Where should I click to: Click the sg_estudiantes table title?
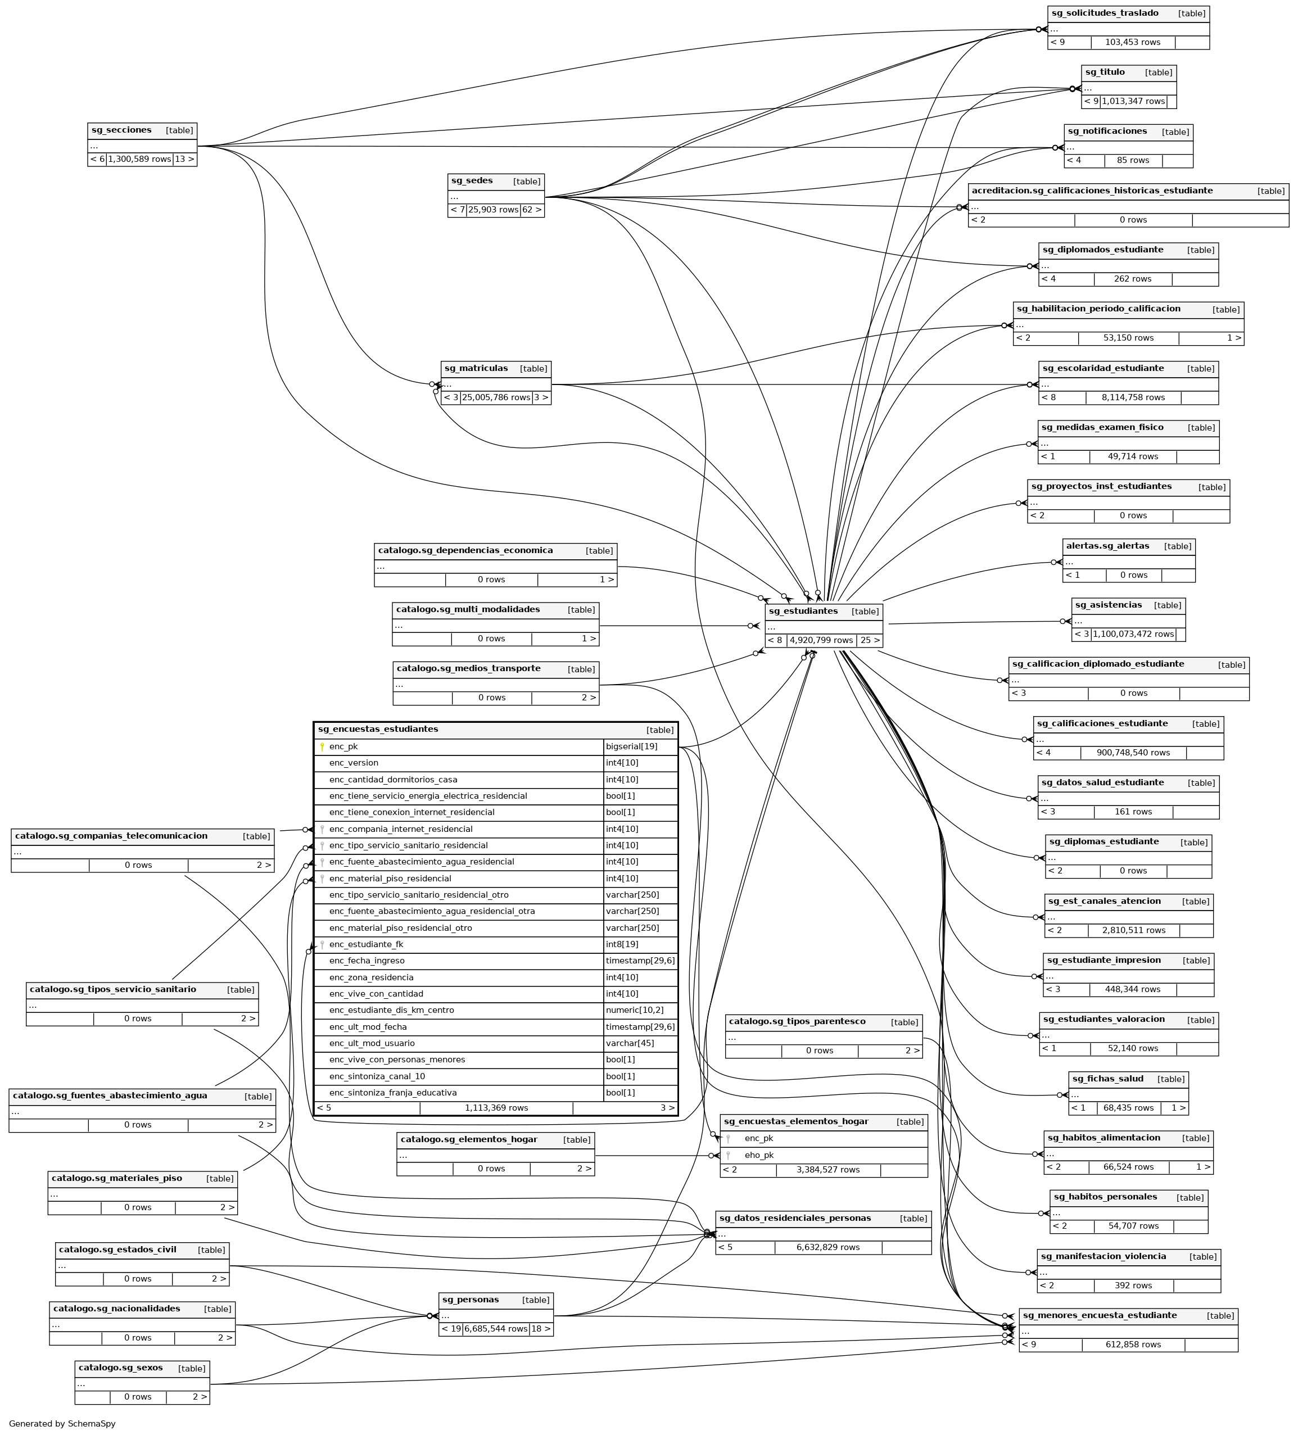803,611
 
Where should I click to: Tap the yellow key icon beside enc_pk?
322,746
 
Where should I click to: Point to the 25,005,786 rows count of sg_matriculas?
496,397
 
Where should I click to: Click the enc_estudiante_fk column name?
366,944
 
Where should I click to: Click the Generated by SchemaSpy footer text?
62,1424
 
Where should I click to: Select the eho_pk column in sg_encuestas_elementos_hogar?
759,1155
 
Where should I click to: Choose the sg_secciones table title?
121,130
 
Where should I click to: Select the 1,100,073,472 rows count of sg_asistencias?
1133,633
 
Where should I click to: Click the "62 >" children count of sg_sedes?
532,210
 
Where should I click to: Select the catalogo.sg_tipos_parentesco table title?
797,1021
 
